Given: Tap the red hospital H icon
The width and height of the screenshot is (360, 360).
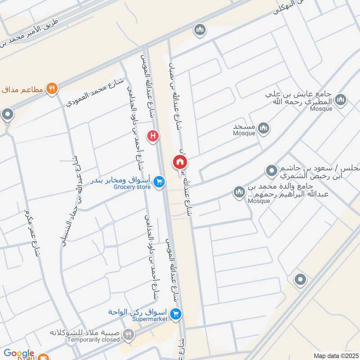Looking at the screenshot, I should click(153, 135).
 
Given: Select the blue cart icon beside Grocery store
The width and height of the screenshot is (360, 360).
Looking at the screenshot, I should click(158, 182).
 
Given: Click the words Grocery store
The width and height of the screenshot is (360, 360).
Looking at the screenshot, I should click(131, 186).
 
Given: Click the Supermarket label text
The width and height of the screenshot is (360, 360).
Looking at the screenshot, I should click(150, 319).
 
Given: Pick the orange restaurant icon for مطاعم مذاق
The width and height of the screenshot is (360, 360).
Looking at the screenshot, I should click(52, 89).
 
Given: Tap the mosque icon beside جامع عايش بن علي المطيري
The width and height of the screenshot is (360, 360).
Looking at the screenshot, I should click(341, 100).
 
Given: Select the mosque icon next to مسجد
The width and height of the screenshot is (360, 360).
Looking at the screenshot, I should click(264, 129).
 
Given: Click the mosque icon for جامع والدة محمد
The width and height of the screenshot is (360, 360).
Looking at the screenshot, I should click(238, 193).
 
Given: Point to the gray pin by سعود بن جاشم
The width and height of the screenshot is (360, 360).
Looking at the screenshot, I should click(271, 171).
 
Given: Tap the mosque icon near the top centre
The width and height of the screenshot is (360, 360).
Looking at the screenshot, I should click(199, 31).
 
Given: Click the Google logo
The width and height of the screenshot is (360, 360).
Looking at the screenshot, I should click(18, 354).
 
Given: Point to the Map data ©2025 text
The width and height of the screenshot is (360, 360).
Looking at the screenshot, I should click(335, 355).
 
